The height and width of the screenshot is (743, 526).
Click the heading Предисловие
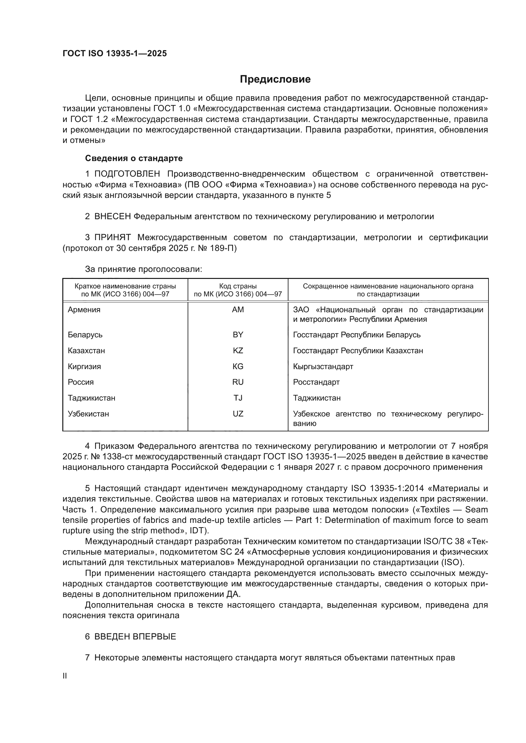click(x=275, y=79)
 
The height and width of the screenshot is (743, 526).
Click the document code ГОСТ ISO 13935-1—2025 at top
click(x=115, y=53)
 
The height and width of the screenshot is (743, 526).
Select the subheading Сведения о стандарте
click(x=134, y=158)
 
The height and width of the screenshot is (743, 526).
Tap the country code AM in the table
click(x=238, y=310)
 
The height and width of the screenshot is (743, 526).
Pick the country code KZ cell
click(x=238, y=350)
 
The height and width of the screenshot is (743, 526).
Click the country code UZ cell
click(x=238, y=414)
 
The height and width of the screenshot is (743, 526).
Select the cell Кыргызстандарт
click(x=323, y=366)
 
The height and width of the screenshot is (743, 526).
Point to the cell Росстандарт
click(x=316, y=382)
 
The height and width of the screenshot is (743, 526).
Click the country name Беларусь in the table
click(x=85, y=334)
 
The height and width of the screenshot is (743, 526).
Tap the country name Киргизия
click(x=84, y=366)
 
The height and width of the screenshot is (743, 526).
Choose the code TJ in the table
click(x=238, y=398)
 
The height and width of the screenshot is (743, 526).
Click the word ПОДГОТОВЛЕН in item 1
click(x=127, y=174)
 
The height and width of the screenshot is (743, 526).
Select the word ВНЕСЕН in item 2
click(x=112, y=216)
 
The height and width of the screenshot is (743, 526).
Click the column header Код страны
click(x=238, y=286)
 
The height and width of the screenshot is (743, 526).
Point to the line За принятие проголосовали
click(x=143, y=269)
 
